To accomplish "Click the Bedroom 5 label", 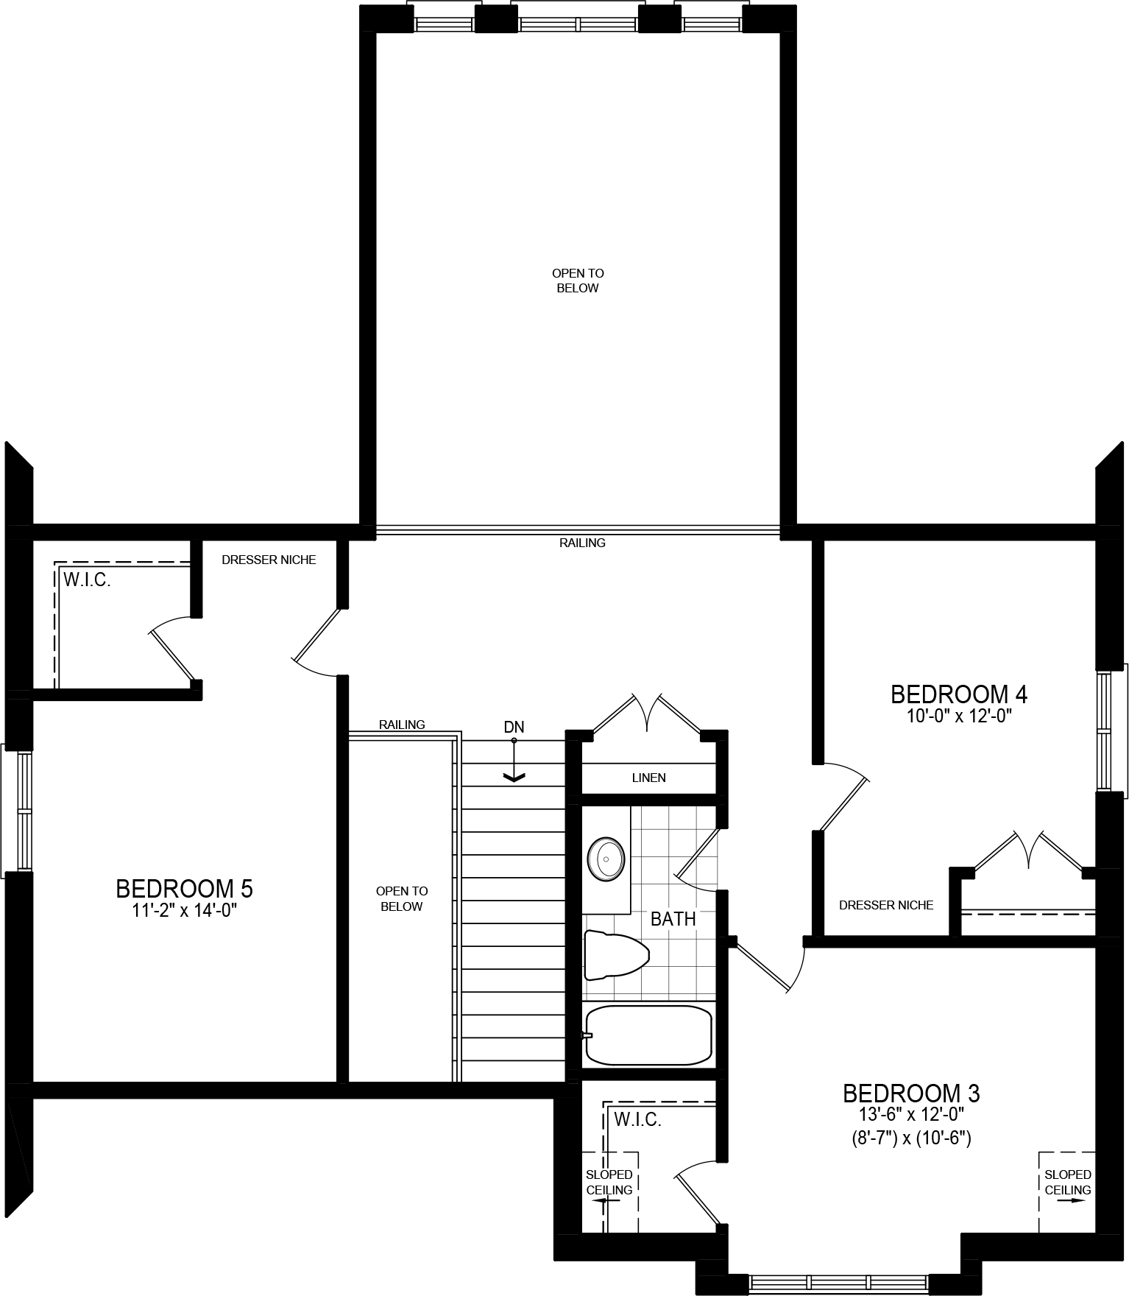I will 184,889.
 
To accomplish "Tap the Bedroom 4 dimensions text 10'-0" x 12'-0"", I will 958,716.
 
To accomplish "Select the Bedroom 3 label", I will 911,1092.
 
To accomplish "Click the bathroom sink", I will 606,858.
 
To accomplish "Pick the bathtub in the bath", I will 648,1035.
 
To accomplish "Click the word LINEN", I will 648,778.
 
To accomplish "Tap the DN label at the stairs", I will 514,728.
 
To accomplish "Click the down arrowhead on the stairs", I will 513,776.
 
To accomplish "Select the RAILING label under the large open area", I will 582,543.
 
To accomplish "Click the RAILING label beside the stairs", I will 402,725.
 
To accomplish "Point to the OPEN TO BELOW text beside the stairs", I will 401,898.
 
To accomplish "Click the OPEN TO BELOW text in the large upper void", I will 578,281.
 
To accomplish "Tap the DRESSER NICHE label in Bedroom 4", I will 886,905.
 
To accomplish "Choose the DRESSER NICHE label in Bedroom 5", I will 269,560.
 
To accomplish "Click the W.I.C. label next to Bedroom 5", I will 87,580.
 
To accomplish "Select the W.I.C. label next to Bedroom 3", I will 637,1120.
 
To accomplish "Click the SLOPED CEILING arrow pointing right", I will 1077,1200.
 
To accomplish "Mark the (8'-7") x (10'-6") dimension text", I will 911,1138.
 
